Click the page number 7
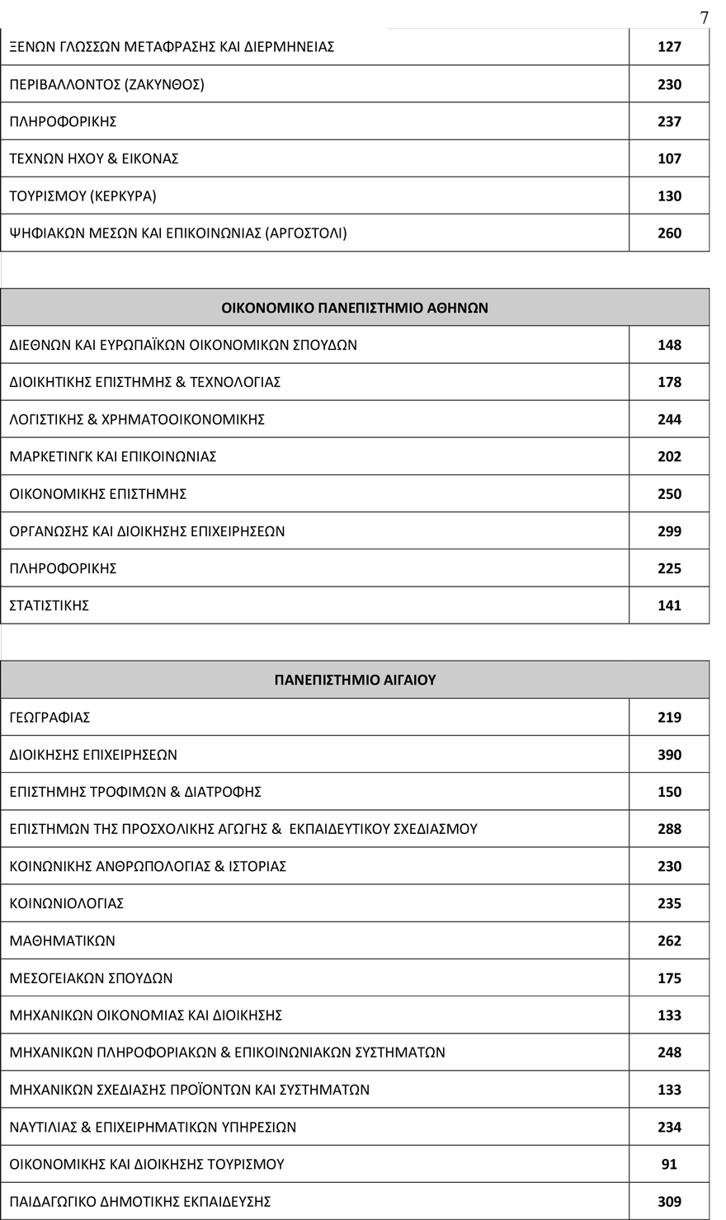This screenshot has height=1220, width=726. click(x=704, y=17)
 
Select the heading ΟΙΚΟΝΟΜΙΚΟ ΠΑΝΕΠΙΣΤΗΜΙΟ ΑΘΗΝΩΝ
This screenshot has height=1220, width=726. click(x=355, y=308)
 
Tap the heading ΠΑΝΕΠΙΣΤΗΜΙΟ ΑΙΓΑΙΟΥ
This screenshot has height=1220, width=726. click(x=355, y=680)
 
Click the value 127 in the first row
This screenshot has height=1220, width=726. click(x=669, y=47)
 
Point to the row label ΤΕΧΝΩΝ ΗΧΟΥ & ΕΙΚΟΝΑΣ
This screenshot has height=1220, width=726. click(x=94, y=158)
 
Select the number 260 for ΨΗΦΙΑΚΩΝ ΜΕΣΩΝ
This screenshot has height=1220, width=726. click(x=669, y=233)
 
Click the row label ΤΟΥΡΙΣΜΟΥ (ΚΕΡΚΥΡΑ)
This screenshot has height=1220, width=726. click(x=82, y=196)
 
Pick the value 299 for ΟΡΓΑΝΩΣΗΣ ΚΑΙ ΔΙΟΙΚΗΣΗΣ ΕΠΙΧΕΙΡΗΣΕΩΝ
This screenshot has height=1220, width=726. click(x=669, y=531)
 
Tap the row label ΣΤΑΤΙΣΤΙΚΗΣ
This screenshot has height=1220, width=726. click(x=49, y=605)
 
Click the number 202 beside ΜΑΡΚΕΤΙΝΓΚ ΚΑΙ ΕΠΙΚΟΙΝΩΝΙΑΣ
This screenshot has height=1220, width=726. click(x=669, y=457)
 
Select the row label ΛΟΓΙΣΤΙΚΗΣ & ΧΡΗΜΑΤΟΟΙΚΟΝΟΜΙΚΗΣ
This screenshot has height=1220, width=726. click(x=137, y=420)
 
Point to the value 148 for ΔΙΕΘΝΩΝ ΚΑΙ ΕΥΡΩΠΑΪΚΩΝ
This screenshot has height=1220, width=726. click(x=669, y=345)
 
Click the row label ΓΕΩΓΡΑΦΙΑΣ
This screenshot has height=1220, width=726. click(x=49, y=718)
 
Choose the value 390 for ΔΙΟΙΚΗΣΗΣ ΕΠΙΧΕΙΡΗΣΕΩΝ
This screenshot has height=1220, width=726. click(x=669, y=755)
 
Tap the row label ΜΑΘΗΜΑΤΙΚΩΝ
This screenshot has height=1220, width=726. click(x=63, y=941)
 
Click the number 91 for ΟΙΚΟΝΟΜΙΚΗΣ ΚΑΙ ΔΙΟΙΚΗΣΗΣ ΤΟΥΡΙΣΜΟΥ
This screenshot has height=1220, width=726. click(x=669, y=1165)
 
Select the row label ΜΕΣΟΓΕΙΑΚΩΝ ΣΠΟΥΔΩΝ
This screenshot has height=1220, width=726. click(x=91, y=978)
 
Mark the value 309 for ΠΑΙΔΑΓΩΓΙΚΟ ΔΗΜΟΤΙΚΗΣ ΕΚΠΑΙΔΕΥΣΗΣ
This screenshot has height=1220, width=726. click(x=669, y=1202)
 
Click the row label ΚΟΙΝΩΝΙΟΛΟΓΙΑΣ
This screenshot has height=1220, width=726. click(x=67, y=904)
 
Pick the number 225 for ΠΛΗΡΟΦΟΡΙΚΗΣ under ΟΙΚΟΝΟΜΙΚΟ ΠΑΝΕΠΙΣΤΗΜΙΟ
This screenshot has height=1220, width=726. click(x=669, y=568)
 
